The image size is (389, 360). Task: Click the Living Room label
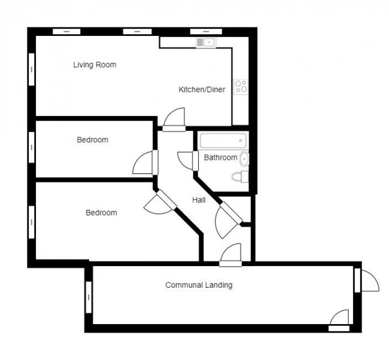tap(95, 65)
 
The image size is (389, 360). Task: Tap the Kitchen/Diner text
tap(202, 90)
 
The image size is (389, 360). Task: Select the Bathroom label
tap(220, 158)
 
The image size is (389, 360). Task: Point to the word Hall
tap(199, 200)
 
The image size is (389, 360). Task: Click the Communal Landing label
tap(199, 285)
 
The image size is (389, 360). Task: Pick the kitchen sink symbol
tap(205, 42)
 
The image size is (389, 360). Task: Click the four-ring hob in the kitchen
tap(241, 86)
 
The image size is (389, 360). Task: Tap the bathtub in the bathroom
tap(223, 141)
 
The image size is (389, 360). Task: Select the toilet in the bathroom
tap(241, 176)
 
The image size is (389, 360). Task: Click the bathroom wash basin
tap(244, 159)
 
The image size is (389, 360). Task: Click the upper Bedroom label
tap(92, 140)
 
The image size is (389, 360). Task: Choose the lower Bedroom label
tap(101, 212)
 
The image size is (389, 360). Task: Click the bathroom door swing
tap(187, 160)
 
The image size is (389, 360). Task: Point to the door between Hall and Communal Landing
tap(230, 254)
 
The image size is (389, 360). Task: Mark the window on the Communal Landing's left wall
tap(89, 298)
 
